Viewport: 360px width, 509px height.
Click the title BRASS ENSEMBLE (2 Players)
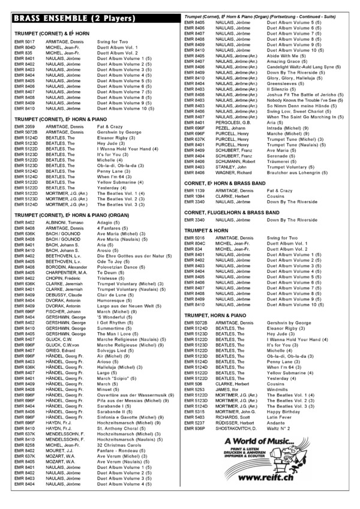(66, 19)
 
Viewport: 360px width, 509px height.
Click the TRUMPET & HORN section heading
(206, 230)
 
